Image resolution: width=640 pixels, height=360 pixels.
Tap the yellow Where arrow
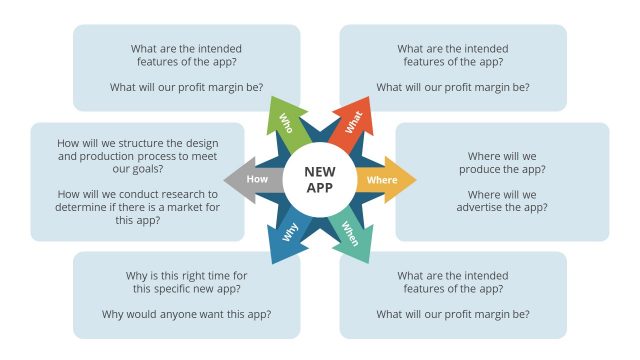click(382, 180)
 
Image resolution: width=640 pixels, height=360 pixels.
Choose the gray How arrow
click(256, 180)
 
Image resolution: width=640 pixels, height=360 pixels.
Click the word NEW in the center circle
click(320, 172)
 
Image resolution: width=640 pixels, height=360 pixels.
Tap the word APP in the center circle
click(320, 188)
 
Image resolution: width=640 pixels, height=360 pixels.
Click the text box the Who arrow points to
click(186, 67)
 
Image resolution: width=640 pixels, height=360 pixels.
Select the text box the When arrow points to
click(453, 294)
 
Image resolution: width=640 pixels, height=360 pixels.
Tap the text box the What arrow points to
click(453, 67)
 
